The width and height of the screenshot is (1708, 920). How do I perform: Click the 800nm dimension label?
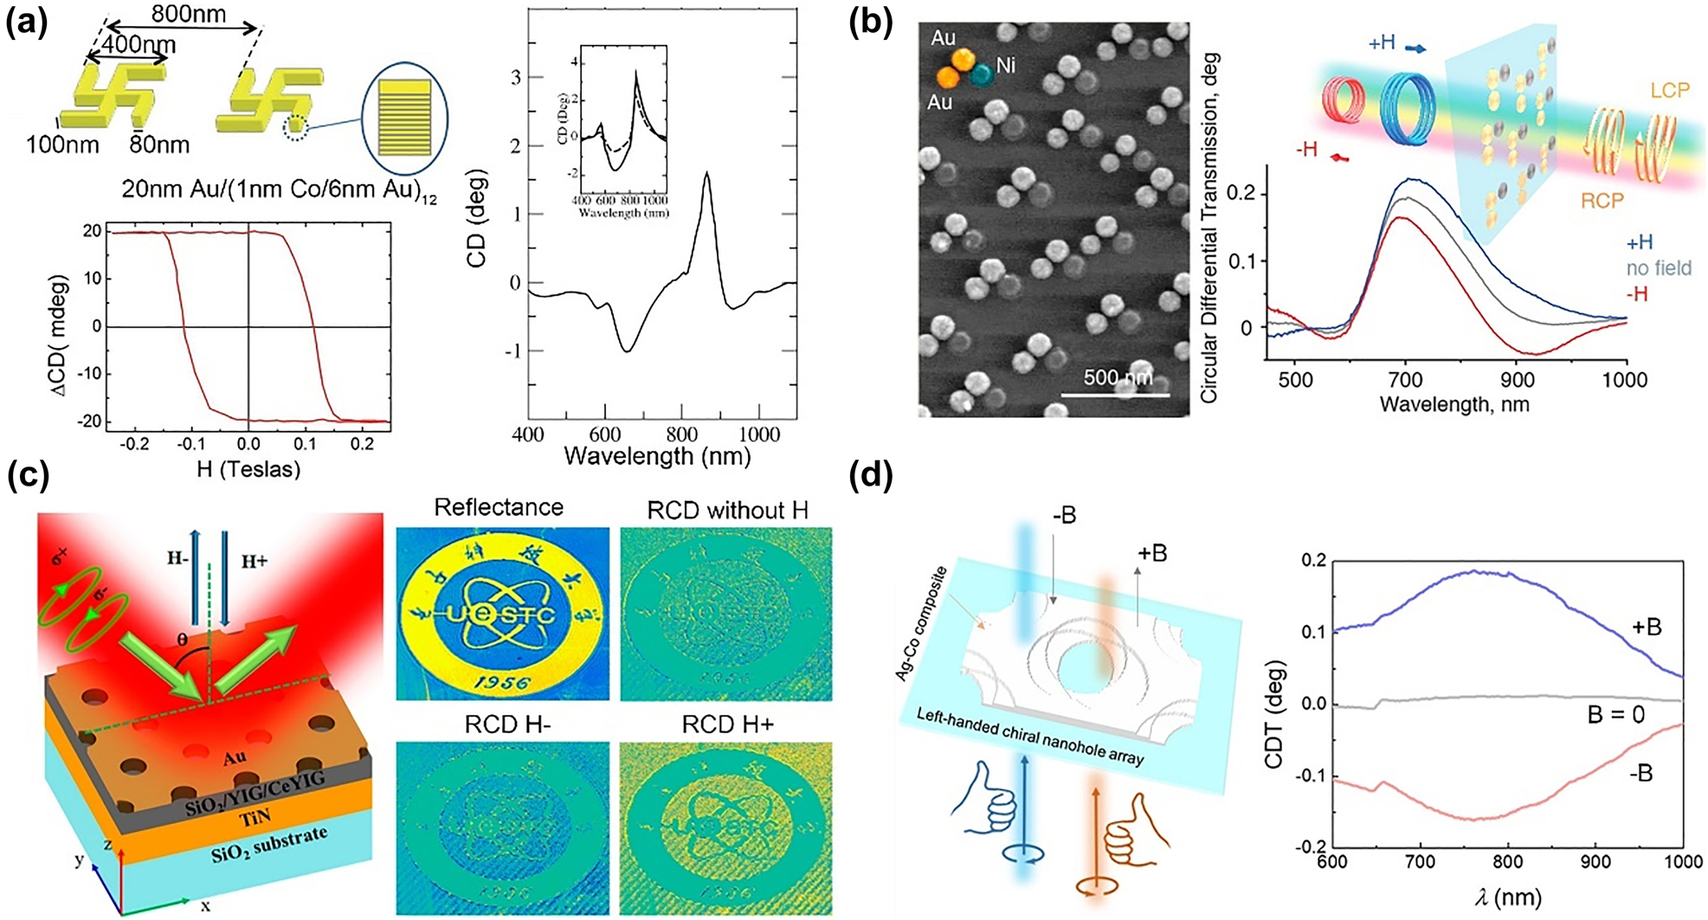(x=188, y=14)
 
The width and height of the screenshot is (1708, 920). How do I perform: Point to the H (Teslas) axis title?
(x=248, y=469)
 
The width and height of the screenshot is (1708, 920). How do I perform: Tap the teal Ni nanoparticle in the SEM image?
(x=982, y=76)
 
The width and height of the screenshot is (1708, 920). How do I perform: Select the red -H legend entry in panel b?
(x=1637, y=294)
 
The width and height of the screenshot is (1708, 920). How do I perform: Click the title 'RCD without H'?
(x=727, y=511)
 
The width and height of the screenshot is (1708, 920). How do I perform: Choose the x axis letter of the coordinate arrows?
(x=205, y=905)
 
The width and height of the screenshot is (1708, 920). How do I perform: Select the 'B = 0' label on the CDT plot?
(x=1614, y=715)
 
